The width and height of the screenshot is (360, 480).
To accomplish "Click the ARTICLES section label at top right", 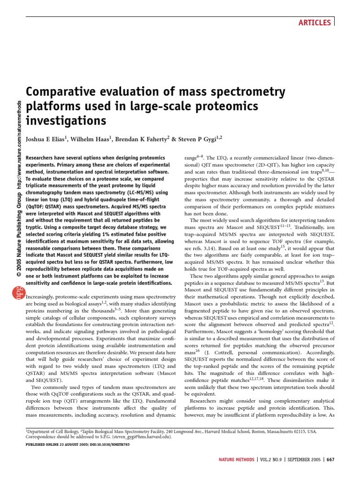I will [315, 22].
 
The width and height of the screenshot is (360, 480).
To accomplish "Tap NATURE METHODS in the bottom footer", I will [237, 459].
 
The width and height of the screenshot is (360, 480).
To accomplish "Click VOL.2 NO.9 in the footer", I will [269, 459].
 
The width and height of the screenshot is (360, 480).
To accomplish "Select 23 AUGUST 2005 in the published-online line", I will [71, 444].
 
